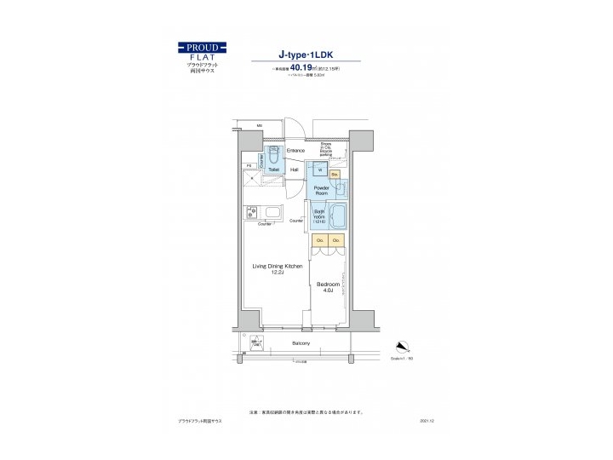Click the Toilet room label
pos(273,170)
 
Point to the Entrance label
pos(295,151)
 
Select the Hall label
pos(295,170)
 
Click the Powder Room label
pos(322,190)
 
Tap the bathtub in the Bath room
pos(336,216)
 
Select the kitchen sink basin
pos(273,212)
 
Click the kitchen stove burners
pos(252,212)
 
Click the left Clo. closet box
pos(320,241)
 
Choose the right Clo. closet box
pos(336,241)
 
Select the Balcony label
pos(301,343)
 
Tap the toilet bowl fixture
pos(273,156)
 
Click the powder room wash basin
pos(341,190)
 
